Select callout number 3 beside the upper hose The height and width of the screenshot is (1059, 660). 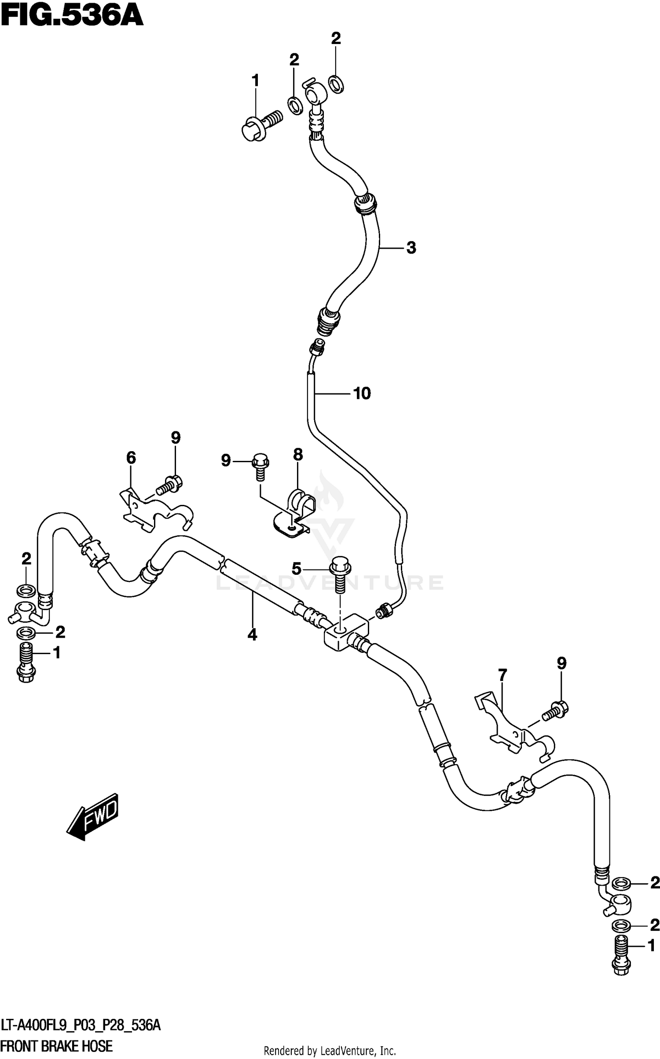tap(411, 248)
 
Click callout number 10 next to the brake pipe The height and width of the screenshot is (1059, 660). tap(362, 393)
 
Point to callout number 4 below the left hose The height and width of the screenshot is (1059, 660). tap(252, 634)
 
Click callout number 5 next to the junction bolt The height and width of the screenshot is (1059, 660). tap(297, 569)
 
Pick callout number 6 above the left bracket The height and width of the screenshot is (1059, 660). tap(131, 458)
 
